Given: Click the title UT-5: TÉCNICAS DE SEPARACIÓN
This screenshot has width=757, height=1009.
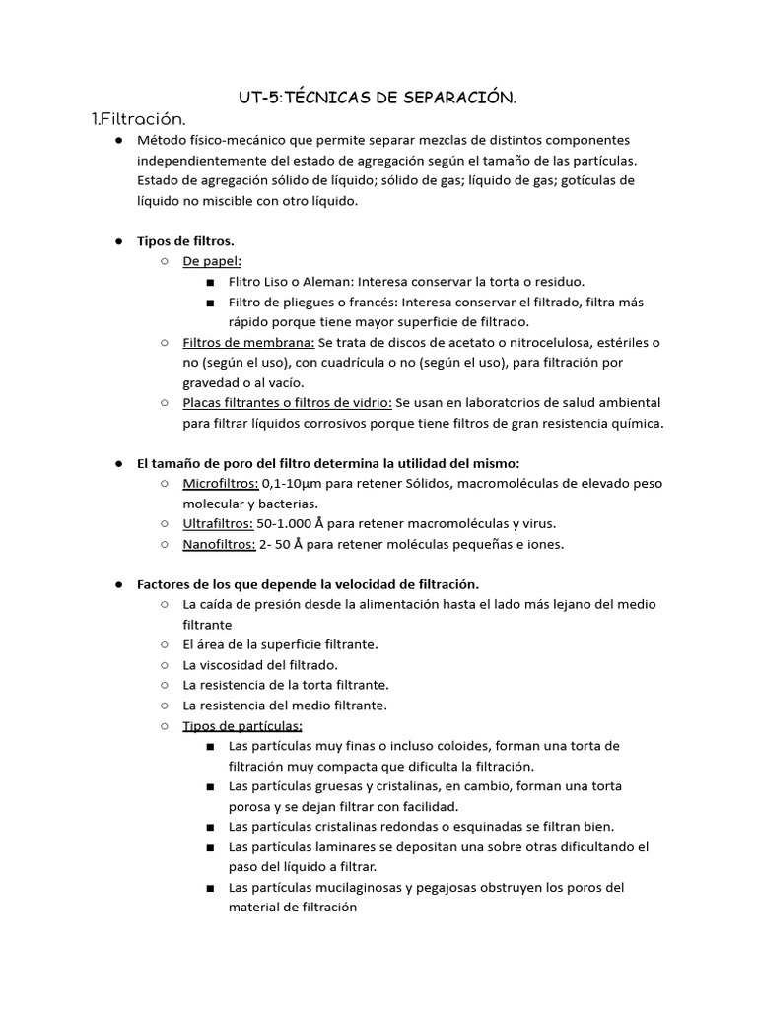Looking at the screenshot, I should [x=378, y=97].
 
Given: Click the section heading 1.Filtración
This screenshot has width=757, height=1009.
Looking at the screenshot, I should [x=138, y=119].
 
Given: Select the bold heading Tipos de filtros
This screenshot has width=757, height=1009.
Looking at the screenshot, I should [x=185, y=240].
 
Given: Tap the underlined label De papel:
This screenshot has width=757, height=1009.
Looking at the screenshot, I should [x=212, y=261].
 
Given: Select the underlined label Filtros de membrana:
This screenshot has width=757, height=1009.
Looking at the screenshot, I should [x=248, y=342].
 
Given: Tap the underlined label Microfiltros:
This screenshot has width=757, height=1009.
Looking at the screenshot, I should [x=221, y=483].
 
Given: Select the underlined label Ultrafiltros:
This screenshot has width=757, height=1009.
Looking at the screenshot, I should [x=218, y=523].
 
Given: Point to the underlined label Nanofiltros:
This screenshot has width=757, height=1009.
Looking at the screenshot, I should [x=219, y=544].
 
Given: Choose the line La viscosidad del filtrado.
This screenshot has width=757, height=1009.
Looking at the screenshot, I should [x=260, y=664].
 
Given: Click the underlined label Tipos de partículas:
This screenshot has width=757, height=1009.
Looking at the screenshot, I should [x=242, y=725].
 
